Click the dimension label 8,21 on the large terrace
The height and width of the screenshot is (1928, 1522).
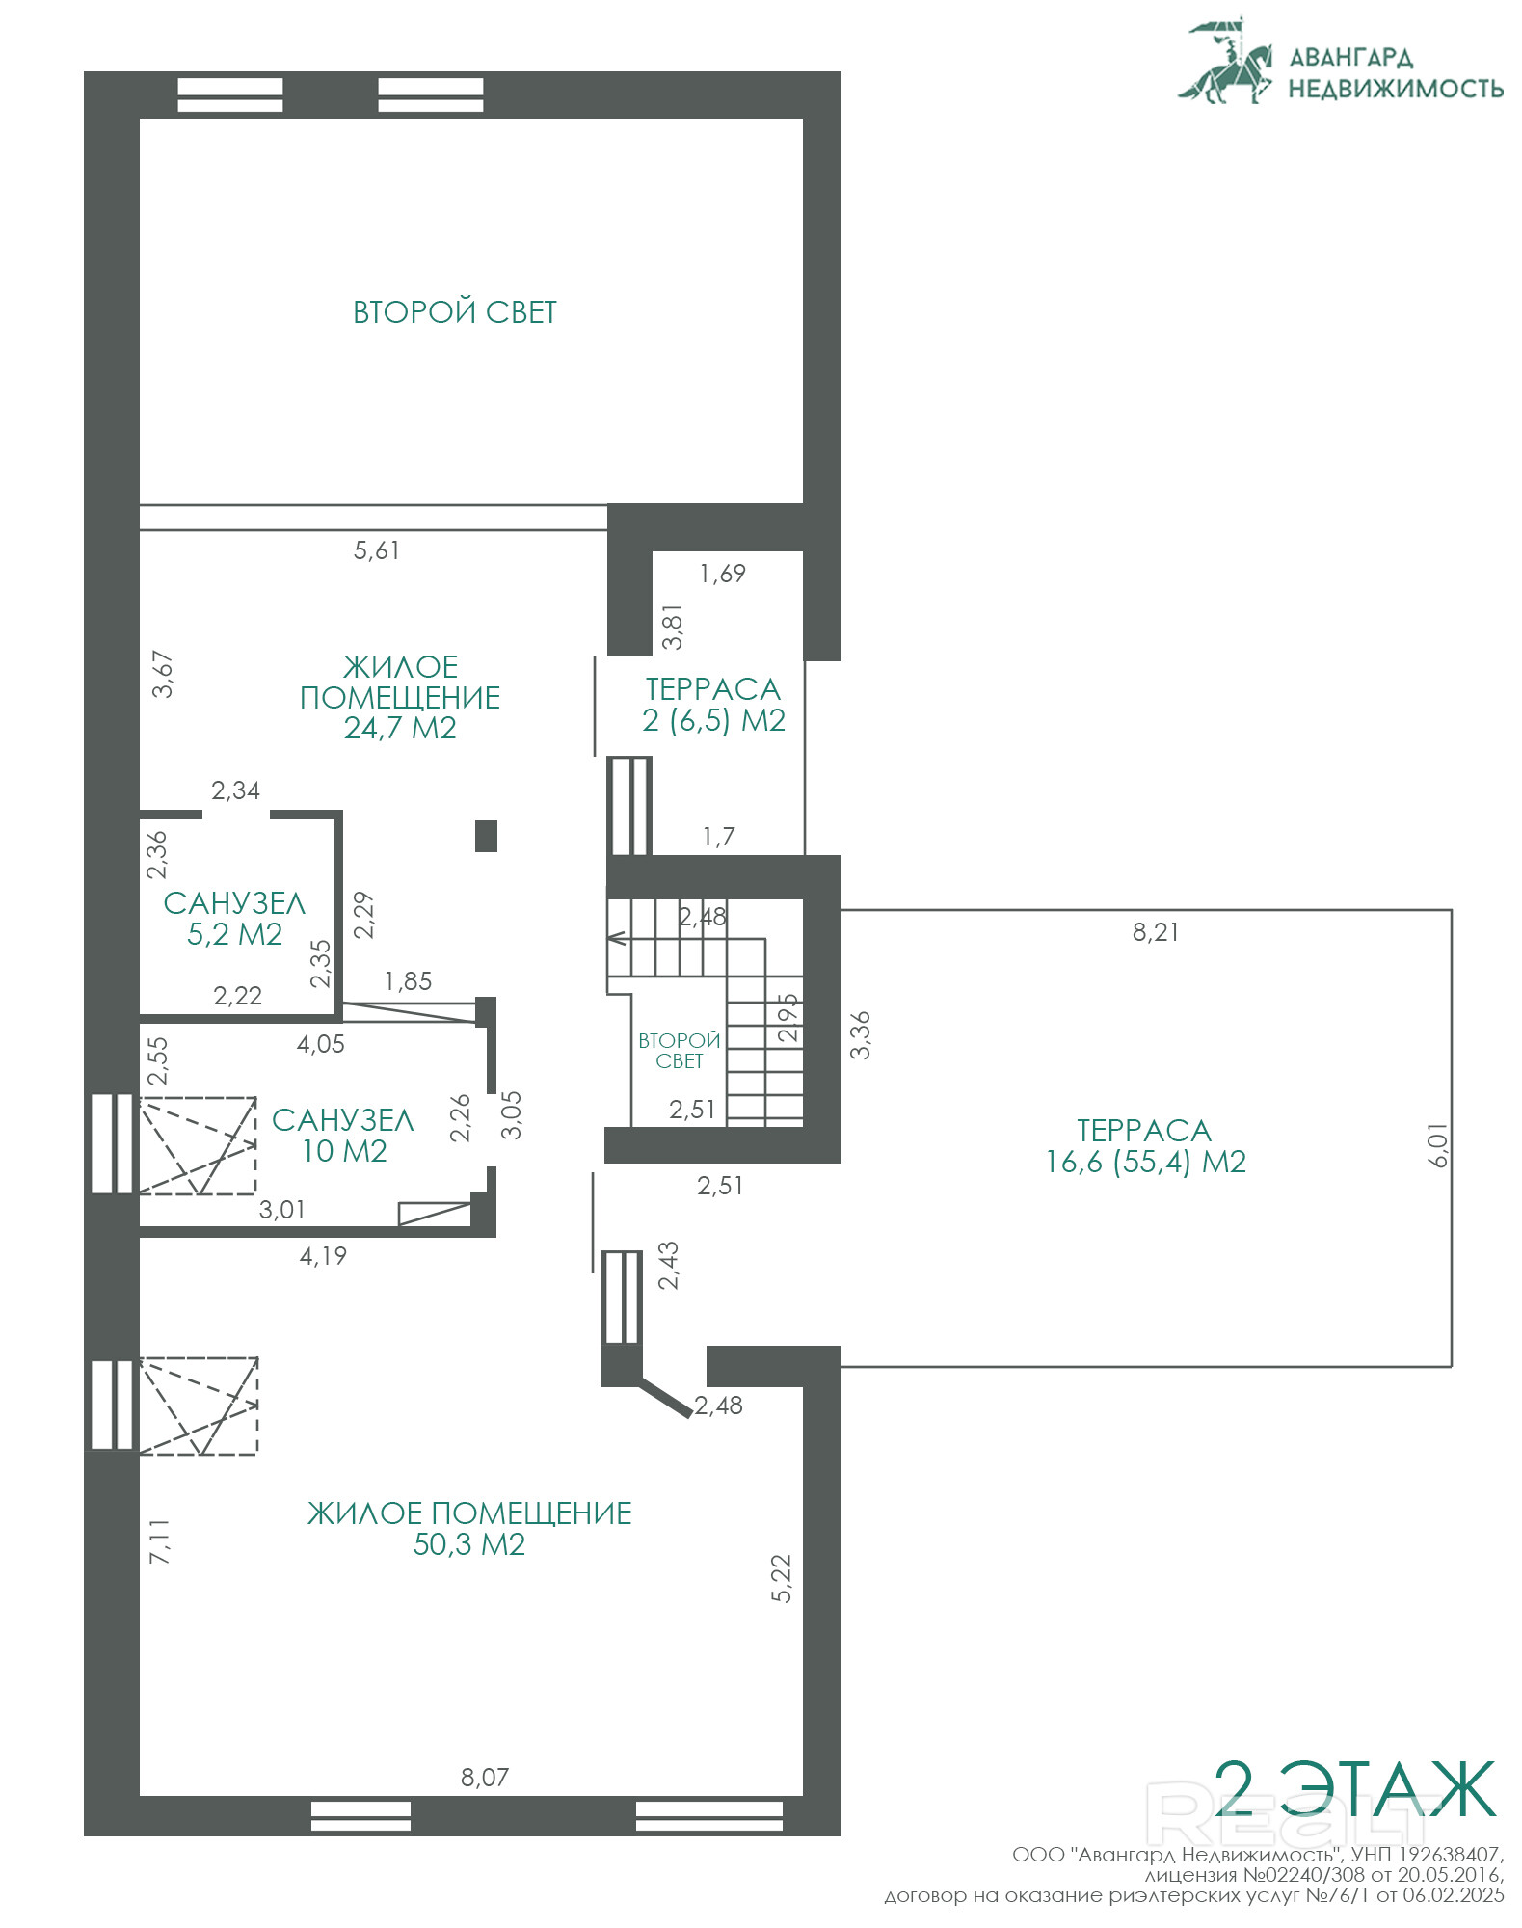[1155, 932]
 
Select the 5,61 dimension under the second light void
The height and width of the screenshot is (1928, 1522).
[376, 550]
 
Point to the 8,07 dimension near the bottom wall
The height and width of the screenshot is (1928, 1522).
[484, 1777]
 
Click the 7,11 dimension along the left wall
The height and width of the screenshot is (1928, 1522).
[159, 1540]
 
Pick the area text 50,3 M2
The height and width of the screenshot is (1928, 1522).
[469, 1544]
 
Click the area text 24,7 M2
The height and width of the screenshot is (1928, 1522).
[400, 728]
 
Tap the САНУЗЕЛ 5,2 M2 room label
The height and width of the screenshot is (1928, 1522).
[234, 918]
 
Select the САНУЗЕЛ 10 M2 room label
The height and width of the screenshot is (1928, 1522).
[343, 1135]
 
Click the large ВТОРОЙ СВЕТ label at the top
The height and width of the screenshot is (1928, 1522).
[455, 312]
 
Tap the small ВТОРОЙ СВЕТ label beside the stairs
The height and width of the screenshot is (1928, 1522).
[680, 1051]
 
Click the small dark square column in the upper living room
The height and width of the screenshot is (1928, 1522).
[486, 836]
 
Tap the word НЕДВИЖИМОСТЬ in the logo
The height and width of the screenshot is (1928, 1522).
[1396, 89]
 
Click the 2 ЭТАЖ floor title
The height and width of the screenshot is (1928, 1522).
[1354, 1789]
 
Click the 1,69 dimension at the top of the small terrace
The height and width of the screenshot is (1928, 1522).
[723, 574]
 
